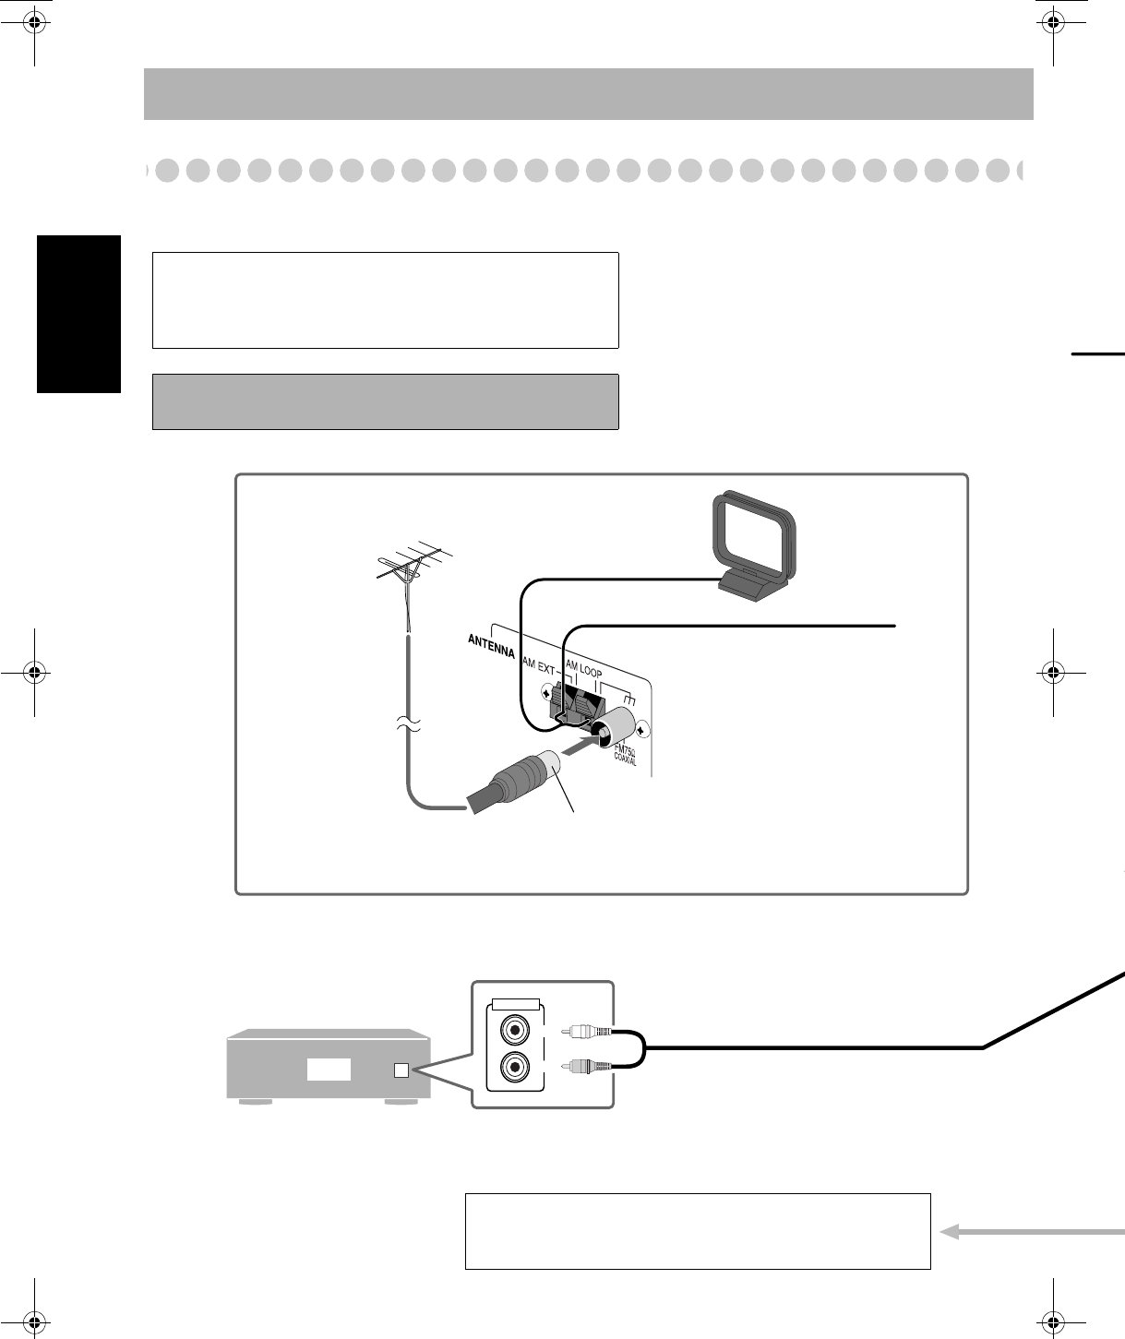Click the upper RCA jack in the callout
pyautogui.click(x=514, y=1027)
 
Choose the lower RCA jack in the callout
pyautogui.click(x=514, y=1068)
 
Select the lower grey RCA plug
pyautogui.click(x=587, y=1067)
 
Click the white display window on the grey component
pyautogui.click(x=329, y=1070)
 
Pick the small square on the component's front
pyautogui.click(x=401, y=1070)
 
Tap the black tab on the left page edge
pyautogui.click(x=79, y=314)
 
